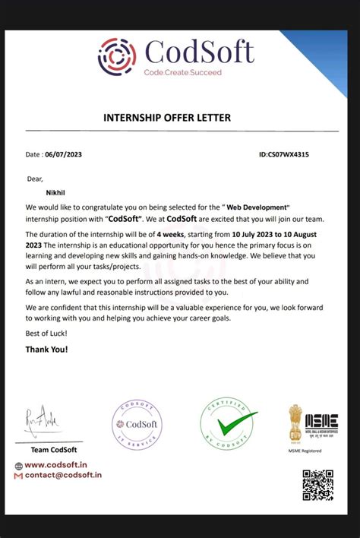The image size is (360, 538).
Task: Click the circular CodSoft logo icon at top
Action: click(x=117, y=55)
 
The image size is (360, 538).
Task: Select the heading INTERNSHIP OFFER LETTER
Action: click(x=167, y=118)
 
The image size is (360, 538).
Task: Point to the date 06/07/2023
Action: click(x=65, y=154)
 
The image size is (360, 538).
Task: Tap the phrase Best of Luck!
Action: click(x=46, y=334)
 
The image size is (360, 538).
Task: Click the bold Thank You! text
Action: click(x=46, y=350)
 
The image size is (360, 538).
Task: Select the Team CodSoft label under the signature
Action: click(x=43, y=450)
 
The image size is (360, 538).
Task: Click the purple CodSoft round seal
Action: click(x=137, y=424)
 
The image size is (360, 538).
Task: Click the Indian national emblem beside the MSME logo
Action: click(x=295, y=423)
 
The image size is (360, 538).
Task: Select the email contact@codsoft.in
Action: click(x=63, y=475)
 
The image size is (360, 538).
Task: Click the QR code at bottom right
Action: click(x=318, y=486)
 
